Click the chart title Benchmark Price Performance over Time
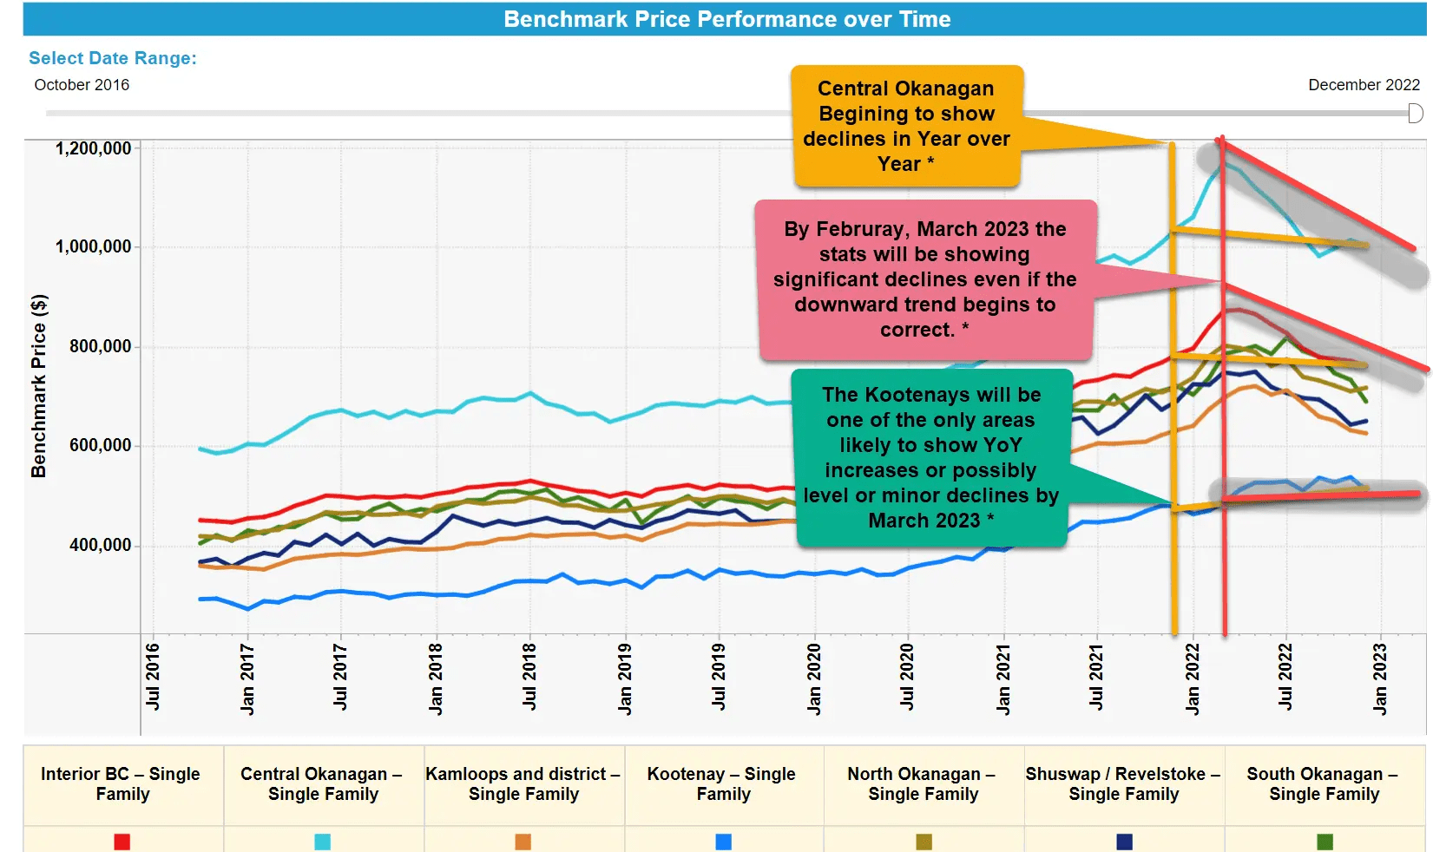(x=727, y=19)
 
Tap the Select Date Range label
(x=113, y=58)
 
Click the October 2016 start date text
(x=82, y=85)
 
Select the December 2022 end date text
(x=1364, y=85)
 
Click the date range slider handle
(x=1415, y=114)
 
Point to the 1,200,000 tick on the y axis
(x=94, y=148)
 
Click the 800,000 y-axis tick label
(x=101, y=346)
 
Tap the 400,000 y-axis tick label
(x=101, y=545)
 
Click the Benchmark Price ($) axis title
(x=39, y=386)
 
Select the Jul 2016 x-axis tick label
(x=153, y=677)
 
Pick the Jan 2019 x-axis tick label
(x=625, y=678)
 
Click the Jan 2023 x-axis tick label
(x=1380, y=678)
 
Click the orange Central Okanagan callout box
(x=906, y=126)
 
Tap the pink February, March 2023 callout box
(x=924, y=279)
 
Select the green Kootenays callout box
(x=931, y=457)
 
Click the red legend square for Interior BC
(x=122, y=841)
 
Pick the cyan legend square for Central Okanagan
(x=322, y=841)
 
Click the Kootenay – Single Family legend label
(x=722, y=783)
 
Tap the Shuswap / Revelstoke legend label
(x=1123, y=783)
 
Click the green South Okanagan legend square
(x=1325, y=841)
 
